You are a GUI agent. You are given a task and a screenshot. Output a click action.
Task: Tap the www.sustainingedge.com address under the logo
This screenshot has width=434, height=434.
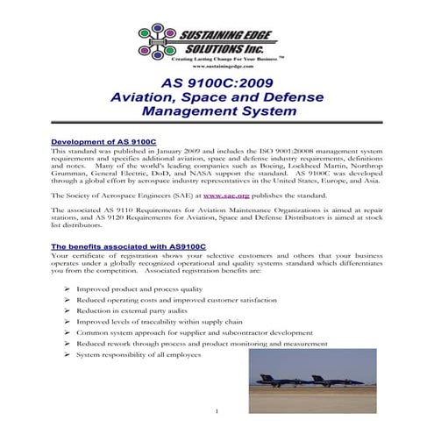(223, 68)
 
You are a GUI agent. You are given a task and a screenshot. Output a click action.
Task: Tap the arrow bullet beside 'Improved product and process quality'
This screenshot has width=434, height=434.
(68, 289)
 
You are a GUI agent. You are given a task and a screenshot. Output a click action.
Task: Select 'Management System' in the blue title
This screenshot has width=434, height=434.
(216, 112)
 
